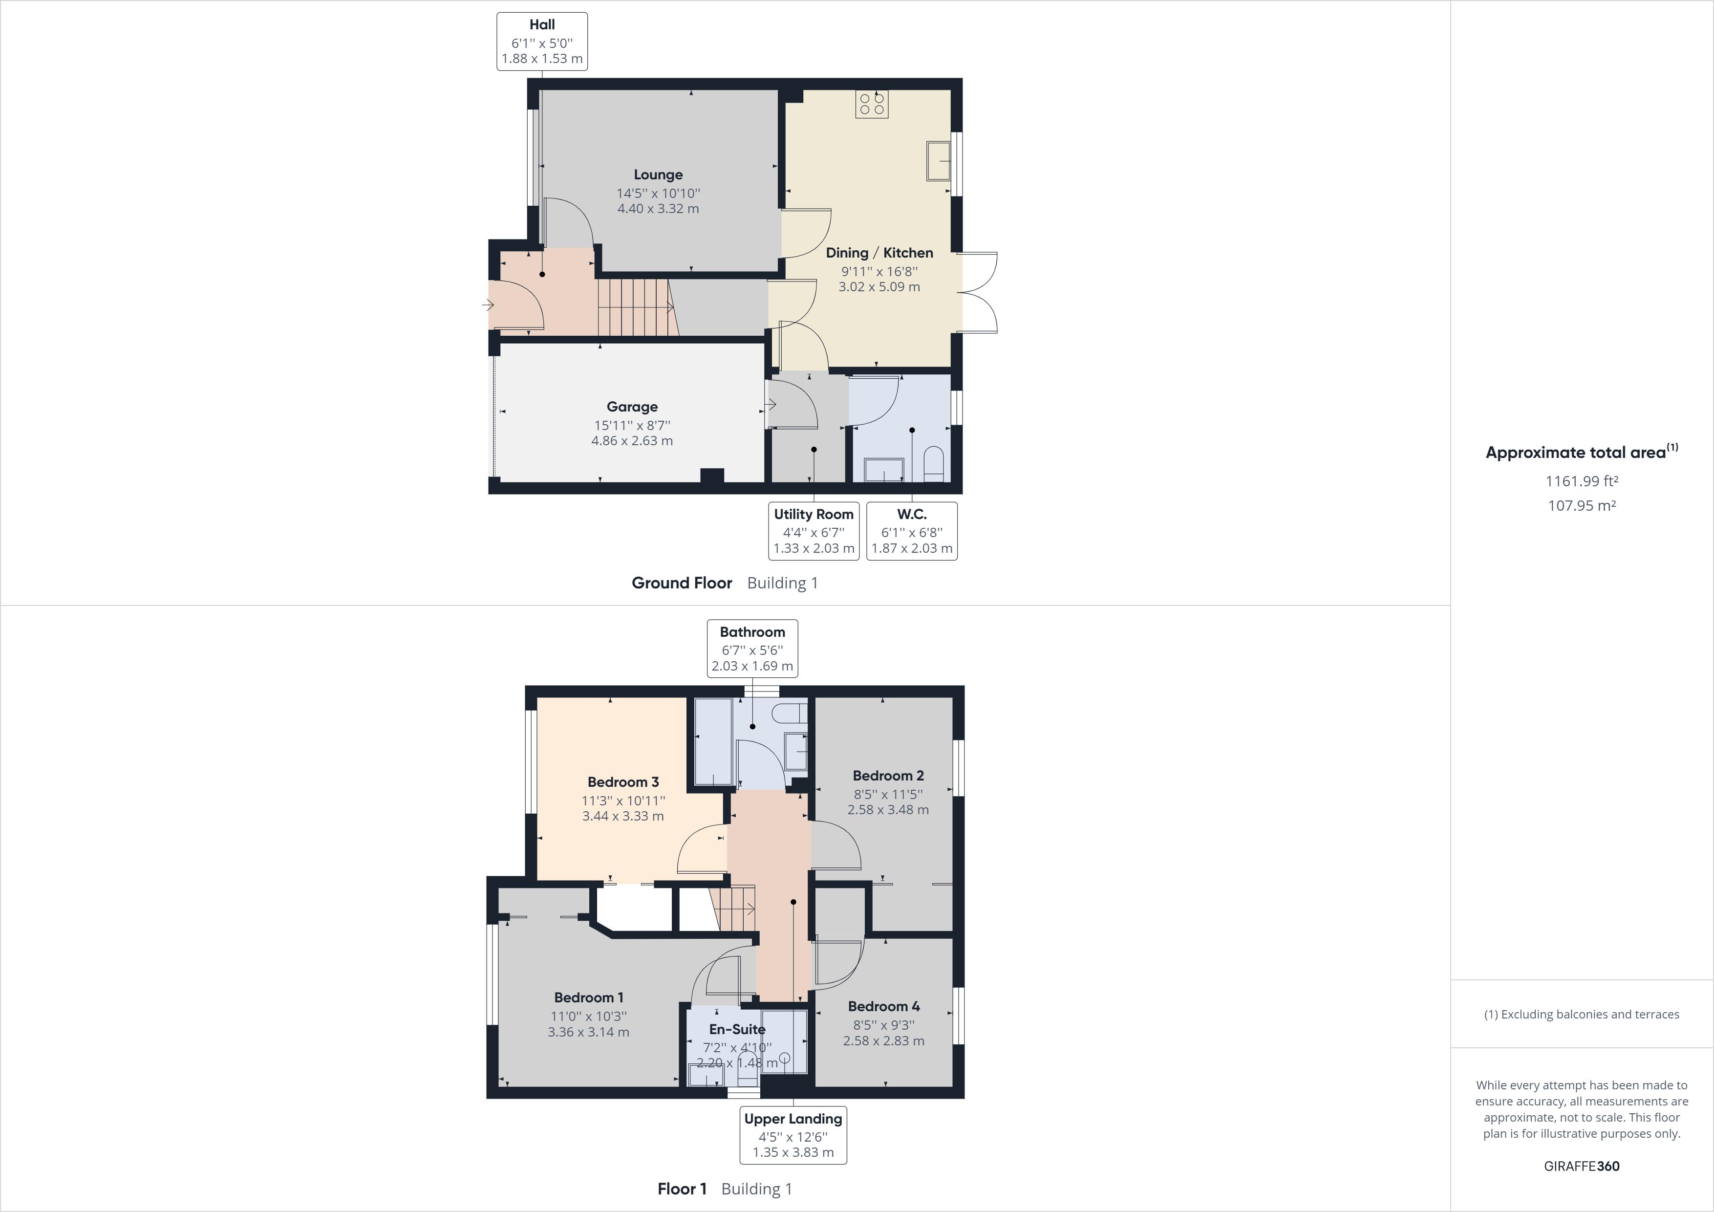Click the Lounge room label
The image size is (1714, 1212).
coord(658,175)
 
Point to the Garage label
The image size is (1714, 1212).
coord(632,407)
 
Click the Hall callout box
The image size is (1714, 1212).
coord(542,42)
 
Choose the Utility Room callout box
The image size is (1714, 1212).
coord(814,531)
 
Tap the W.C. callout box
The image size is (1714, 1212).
coord(912,531)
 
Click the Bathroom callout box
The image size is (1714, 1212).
coord(752,648)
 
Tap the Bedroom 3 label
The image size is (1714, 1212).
coord(622,782)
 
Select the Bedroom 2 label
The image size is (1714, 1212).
coord(888,776)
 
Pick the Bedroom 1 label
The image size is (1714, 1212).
coord(588,997)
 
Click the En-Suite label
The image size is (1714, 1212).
coord(737,1030)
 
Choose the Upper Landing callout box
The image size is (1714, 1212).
coord(793,1135)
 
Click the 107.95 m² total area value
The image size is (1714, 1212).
coord(1581,505)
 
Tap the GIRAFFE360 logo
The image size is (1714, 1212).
coord(1581,1166)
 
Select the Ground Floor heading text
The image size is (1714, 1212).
coord(682,583)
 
